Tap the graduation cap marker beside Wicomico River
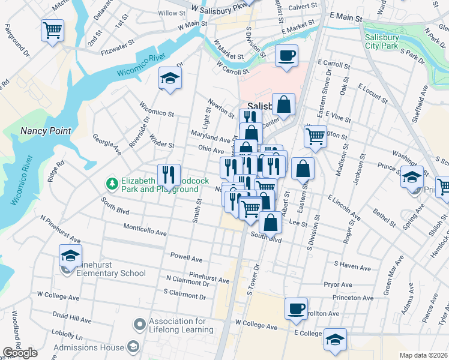click(170, 78)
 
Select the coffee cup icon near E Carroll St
click(286, 56)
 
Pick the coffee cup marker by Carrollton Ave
click(296, 308)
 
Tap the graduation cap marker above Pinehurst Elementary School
click(70, 256)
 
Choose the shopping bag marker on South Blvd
click(271, 222)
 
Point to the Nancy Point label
click(46, 131)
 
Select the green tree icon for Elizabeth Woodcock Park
click(110, 182)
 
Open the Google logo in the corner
click(20, 353)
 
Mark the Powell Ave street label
click(187, 259)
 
